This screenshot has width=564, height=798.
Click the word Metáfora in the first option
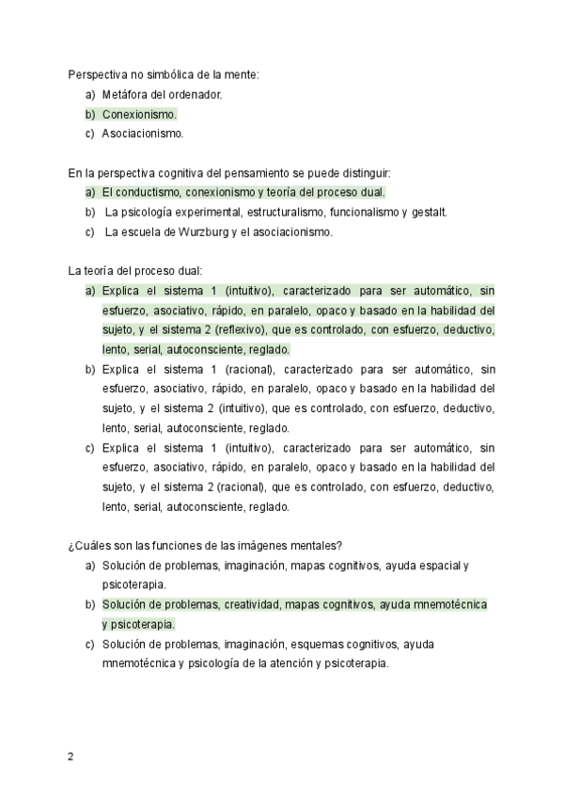tap(123, 94)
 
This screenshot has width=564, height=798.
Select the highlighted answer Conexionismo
tap(139, 114)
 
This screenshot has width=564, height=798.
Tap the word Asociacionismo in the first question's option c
tap(143, 134)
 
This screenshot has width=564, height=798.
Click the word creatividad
tap(252, 604)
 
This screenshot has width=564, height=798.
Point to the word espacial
tap(439, 565)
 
